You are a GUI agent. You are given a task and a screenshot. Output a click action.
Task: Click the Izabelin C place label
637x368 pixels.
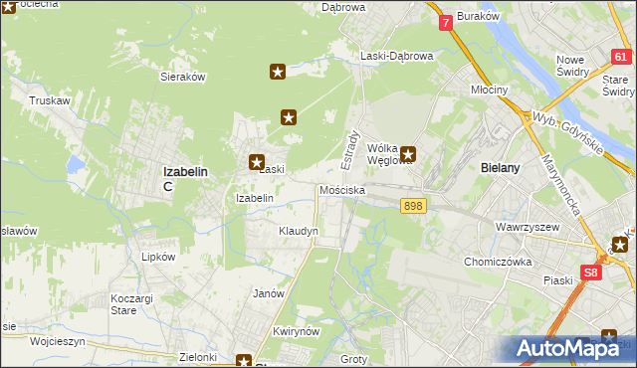184,177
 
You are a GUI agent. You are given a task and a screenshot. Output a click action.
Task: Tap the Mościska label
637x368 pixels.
342,189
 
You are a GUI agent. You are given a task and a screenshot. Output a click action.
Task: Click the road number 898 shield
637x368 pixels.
414,206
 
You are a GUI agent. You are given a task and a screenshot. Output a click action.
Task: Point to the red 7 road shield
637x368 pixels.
445,21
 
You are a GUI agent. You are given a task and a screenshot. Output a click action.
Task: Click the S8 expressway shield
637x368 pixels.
591,272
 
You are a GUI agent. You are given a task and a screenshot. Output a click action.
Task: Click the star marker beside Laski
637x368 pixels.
256,161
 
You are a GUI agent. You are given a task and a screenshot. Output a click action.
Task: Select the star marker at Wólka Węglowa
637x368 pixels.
407,154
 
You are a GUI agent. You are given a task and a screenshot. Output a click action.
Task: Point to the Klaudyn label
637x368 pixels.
299,231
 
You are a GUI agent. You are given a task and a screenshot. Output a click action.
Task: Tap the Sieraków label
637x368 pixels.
182,76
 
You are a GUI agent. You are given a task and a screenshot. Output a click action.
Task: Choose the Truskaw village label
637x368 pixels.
48,100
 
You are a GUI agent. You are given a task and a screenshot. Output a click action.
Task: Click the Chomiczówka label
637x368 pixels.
500,262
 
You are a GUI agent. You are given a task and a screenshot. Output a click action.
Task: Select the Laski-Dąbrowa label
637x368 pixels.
397,56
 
